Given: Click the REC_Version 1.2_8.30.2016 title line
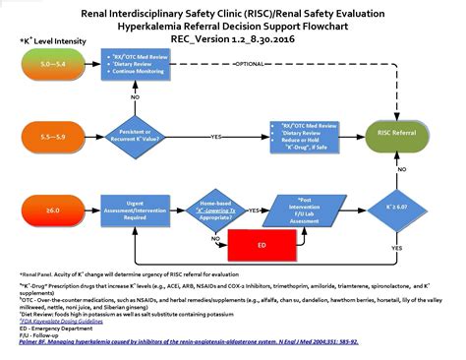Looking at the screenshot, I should (232, 40).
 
